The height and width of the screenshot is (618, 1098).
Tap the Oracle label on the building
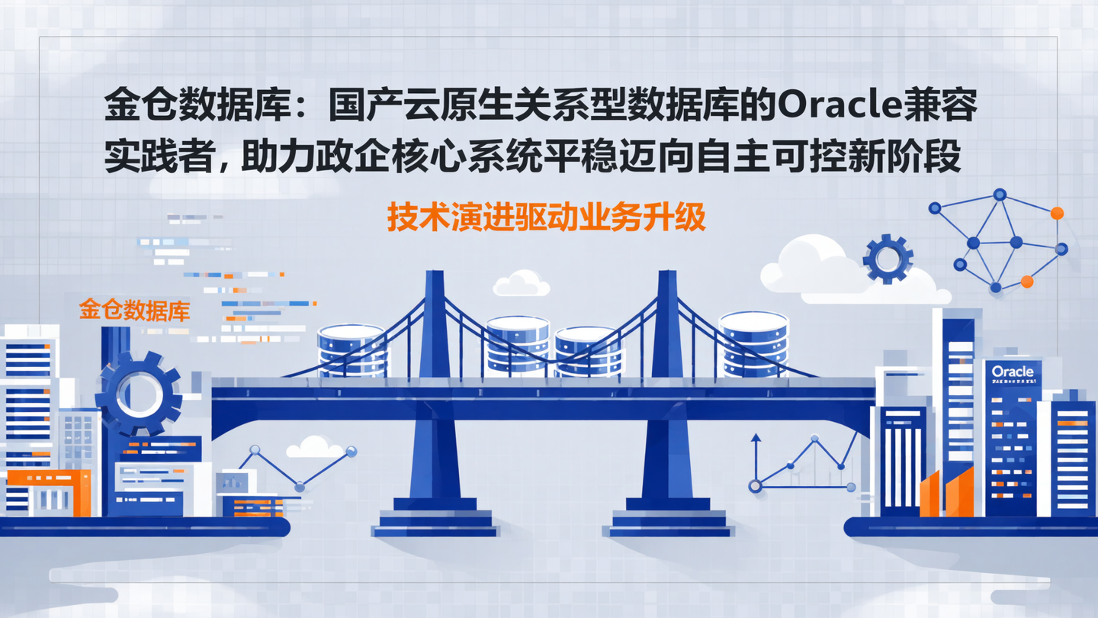point(1013,372)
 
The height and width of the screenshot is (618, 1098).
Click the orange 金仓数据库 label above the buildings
point(134,311)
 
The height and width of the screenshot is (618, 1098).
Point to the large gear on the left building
point(138,394)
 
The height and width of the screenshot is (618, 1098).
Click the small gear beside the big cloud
point(888,259)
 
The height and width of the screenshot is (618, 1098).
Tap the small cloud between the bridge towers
point(522,284)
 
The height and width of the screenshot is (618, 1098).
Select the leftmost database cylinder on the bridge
point(352,349)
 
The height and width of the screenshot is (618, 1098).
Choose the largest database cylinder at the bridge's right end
point(753,343)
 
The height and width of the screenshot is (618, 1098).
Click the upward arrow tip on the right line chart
point(756,438)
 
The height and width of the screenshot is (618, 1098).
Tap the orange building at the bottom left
point(49,492)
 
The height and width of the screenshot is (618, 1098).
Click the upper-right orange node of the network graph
point(1057,214)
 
